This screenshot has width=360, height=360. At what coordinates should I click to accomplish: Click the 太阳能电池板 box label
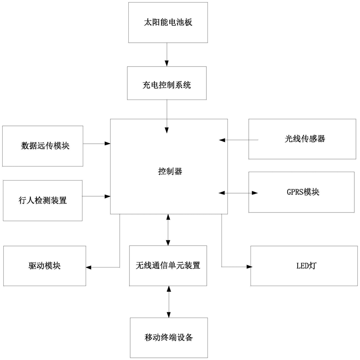(x=168, y=22)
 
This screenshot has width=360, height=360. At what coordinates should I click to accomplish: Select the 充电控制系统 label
(x=167, y=85)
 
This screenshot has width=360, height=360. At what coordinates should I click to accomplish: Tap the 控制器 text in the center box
(x=170, y=171)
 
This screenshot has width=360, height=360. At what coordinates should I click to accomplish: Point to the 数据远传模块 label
(x=45, y=146)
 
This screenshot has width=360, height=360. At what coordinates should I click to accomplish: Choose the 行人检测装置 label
(x=42, y=200)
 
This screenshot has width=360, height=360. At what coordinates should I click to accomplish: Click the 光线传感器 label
(x=305, y=139)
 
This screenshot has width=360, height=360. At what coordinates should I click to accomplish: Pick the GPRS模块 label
(x=303, y=192)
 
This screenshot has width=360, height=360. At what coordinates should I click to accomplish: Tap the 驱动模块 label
(x=45, y=266)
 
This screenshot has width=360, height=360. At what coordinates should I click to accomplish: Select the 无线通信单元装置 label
(x=168, y=266)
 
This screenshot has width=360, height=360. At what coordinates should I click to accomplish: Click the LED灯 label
(x=306, y=266)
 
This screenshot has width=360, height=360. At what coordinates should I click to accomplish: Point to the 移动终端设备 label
(x=169, y=337)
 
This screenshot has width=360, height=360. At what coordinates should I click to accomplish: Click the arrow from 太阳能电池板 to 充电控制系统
(x=167, y=55)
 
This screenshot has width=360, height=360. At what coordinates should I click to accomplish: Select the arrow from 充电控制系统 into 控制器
(x=167, y=116)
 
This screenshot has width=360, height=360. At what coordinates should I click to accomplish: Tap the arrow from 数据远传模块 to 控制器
(x=96, y=144)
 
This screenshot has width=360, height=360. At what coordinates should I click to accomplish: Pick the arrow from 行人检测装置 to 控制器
(x=96, y=196)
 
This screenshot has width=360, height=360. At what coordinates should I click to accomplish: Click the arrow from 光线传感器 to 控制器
(x=239, y=140)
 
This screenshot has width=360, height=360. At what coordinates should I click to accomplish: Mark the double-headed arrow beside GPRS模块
(x=238, y=193)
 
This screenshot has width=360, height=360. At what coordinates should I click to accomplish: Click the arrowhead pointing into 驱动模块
(x=89, y=267)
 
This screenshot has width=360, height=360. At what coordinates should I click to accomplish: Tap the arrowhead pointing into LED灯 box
(x=249, y=267)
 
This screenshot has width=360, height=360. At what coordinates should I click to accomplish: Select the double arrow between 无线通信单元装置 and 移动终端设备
(x=169, y=302)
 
